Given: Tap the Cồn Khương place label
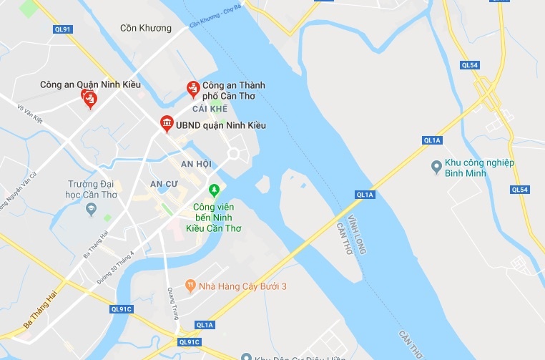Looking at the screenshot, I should click(146, 29).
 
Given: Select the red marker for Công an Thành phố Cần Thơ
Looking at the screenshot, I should click(192, 88).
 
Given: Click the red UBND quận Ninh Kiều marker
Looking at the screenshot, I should click(166, 124).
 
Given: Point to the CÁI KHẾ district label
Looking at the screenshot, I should click(210, 109).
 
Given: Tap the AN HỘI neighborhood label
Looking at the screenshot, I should click(196, 164).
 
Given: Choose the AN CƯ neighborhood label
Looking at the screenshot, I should click(164, 184).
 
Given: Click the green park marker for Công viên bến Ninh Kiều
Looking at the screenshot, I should click(212, 191).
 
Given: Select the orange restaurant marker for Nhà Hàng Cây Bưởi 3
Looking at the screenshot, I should click(190, 286).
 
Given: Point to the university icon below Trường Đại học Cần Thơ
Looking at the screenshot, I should click(91, 209).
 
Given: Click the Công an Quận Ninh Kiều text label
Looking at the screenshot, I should click(90, 85).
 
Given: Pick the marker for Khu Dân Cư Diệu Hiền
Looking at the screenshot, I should click(245, 356).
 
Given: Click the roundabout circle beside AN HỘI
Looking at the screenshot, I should click(234, 154).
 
